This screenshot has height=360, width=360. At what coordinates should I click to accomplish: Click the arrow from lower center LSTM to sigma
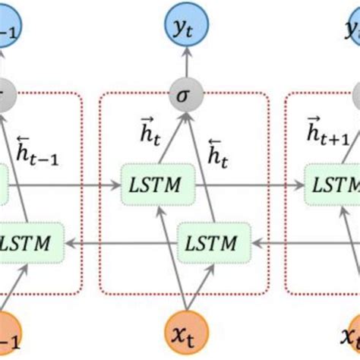click(x=197, y=167)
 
